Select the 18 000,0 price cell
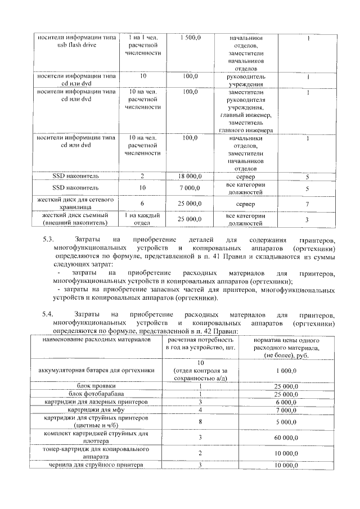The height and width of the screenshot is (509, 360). coord(190,177)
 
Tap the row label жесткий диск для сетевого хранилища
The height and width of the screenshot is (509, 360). coord(75,204)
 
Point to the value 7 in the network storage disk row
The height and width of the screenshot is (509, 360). coord(307,204)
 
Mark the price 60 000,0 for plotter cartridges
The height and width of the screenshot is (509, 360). coord(285,437)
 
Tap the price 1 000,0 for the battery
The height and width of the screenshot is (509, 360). coord(285,371)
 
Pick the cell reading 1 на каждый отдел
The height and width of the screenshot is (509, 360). coord(143,219)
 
